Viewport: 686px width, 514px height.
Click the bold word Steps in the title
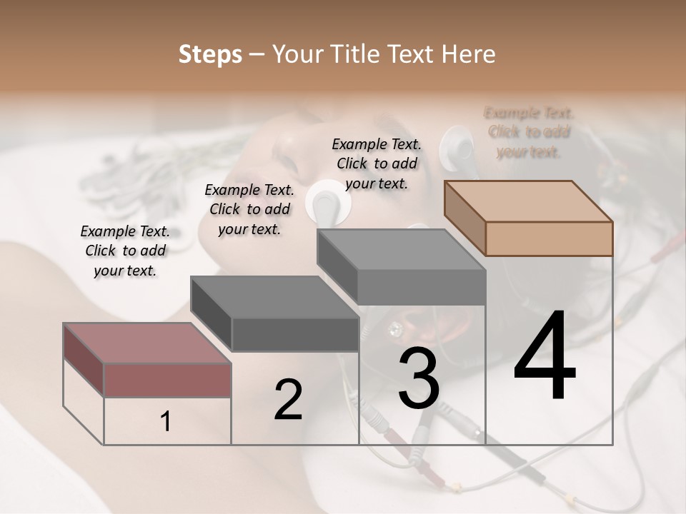[210, 54]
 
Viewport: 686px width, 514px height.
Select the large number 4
[545, 357]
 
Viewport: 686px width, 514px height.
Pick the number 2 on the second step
[288, 400]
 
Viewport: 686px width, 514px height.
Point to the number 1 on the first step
[166, 422]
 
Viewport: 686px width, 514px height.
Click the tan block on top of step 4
[529, 217]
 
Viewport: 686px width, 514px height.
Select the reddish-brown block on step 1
[147, 360]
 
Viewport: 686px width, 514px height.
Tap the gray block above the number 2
[274, 314]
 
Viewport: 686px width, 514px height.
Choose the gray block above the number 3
[401, 266]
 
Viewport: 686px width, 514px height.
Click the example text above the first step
[125, 251]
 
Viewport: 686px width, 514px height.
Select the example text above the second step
[249, 209]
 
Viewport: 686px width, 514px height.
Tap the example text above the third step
[377, 163]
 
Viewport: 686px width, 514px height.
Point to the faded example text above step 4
[529, 132]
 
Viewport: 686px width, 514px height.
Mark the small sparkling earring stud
[394, 329]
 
